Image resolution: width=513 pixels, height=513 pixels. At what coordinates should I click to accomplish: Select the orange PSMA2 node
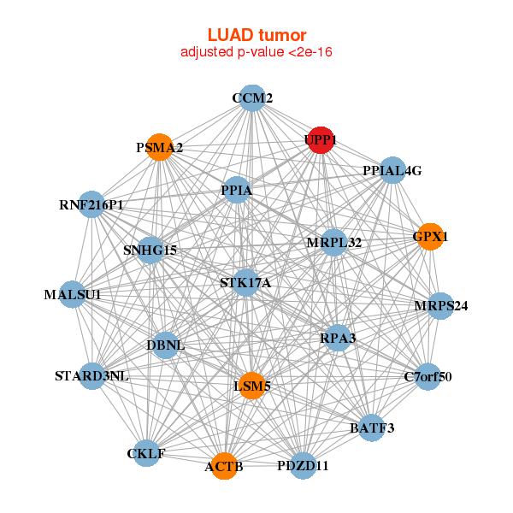point(159,147)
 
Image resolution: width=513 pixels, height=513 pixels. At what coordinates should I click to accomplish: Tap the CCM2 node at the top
point(251,97)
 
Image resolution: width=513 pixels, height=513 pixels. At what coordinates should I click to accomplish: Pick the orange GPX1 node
point(430,236)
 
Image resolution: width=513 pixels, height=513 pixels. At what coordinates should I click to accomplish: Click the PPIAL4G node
point(392,170)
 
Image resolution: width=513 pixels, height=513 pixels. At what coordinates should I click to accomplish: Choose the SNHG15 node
point(150,250)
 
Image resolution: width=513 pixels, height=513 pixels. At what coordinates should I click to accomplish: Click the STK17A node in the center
point(245,283)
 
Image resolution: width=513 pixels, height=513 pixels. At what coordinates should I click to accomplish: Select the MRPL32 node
point(333,243)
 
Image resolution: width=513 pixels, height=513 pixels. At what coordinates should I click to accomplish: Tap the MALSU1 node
point(73,295)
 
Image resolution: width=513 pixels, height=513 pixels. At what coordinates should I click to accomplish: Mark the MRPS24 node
point(439,306)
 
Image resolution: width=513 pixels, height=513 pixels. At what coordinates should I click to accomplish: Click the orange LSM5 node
point(251,386)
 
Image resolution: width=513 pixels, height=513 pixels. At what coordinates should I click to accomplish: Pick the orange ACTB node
point(224,466)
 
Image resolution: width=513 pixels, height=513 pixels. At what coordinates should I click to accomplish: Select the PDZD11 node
point(303,466)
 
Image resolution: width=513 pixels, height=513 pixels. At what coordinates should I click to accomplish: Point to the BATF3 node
point(371,427)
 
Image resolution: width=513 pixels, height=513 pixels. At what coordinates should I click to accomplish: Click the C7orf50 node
point(427,376)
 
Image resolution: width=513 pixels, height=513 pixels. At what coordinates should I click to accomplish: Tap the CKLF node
point(147,452)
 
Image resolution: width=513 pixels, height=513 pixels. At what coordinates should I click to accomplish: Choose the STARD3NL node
point(91,376)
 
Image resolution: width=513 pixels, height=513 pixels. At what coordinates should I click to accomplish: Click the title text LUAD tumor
point(256,35)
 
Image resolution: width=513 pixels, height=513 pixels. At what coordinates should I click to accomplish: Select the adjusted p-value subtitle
point(256,52)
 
